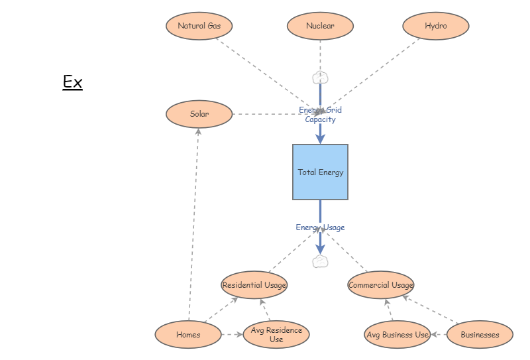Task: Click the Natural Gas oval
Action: tap(199, 27)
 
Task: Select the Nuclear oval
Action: tap(320, 27)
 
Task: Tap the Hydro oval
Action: tap(436, 27)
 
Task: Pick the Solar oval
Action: tap(199, 114)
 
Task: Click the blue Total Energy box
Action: tap(320, 172)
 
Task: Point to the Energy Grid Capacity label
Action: tap(320, 115)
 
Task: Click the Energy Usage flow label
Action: tap(320, 227)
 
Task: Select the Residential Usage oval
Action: tap(254, 285)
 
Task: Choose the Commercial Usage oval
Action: tap(381, 285)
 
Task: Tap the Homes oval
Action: tap(188, 335)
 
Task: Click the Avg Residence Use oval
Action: tap(276, 335)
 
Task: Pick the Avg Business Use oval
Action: tap(397, 335)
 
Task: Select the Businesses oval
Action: tap(480, 335)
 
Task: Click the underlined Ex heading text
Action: tap(72, 82)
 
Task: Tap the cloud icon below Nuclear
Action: tap(320, 78)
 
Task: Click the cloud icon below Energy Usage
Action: tap(320, 261)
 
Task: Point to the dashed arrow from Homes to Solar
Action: tap(193, 225)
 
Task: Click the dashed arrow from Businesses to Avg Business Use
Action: tap(438, 335)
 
